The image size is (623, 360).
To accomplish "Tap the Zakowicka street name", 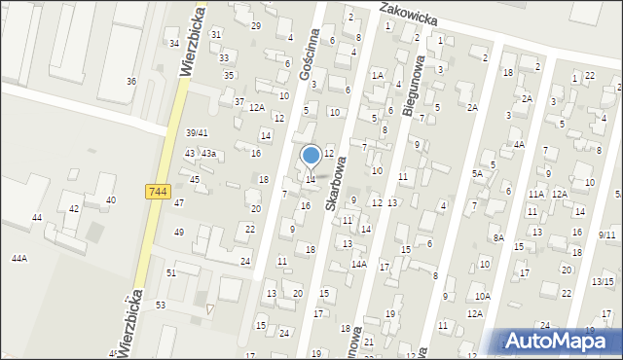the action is pyautogui.click(x=410, y=14).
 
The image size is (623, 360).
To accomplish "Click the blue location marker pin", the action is pyautogui.click(x=311, y=157).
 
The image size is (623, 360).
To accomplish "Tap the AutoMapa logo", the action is pyautogui.click(x=560, y=341).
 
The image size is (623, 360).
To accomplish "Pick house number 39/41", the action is pyautogui.click(x=197, y=132).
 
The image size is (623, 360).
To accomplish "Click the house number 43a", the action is pyautogui.click(x=207, y=154).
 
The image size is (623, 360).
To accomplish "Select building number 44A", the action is pyautogui.click(x=18, y=258).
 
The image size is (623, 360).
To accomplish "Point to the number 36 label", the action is pyautogui.click(x=131, y=81).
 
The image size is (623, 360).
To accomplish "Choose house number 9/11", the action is pyautogui.click(x=606, y=234).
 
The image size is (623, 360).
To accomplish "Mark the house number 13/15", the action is pyautogui.click(x=602, y=281).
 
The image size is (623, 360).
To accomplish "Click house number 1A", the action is pyautogui.click(x=378, y=75).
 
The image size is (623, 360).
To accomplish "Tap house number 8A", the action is pyautogui.click(x=497, y=237).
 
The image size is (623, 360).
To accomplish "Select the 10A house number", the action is pyautogui.click(x=483, y=295).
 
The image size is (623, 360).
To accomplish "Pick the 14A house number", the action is pyautogui.click(x=358, y=264).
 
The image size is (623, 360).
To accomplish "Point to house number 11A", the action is pyautogui.click(x=535, y=194).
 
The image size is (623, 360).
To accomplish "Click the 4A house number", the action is pyautogui.click(x=520, y=144).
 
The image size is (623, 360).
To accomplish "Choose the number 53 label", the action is pyautogui.click(x=161, y=306).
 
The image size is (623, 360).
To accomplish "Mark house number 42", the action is pyautogui.click(x=74, y=209).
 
